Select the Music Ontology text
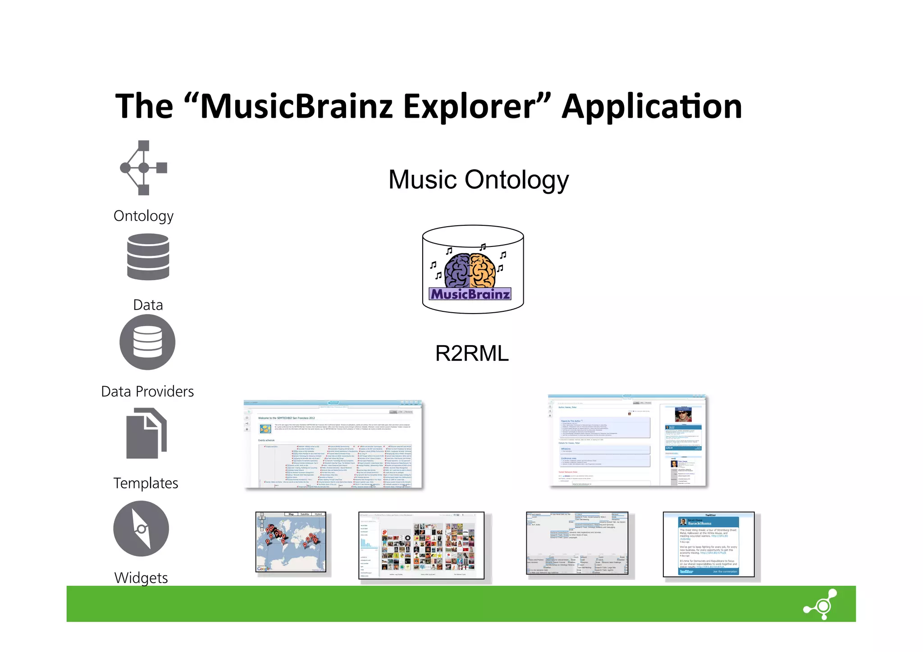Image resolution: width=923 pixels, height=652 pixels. [478, 180]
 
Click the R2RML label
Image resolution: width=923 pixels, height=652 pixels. [472, 353]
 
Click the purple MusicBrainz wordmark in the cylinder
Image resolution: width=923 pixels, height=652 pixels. [470, 294]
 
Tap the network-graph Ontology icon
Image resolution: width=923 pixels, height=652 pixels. [143, 168]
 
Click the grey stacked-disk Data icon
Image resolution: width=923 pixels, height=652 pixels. [148, 257]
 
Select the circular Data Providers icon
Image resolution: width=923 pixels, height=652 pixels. [147, 342]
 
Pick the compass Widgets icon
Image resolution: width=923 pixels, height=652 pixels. [141, 529]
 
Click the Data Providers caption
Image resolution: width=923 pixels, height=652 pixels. [147, 392]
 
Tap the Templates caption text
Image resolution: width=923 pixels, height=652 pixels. [146, 483]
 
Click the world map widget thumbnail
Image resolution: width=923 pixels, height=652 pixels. [291, 542]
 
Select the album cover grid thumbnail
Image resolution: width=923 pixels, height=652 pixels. [421, 545]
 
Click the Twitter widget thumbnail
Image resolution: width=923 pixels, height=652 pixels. [708, 544]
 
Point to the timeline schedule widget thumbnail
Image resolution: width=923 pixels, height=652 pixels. [577, 543]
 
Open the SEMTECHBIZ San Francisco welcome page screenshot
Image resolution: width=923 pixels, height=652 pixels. [333, 444]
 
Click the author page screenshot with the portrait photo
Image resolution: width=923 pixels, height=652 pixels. [627, 441]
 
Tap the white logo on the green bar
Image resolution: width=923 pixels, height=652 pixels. [821, 604]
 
